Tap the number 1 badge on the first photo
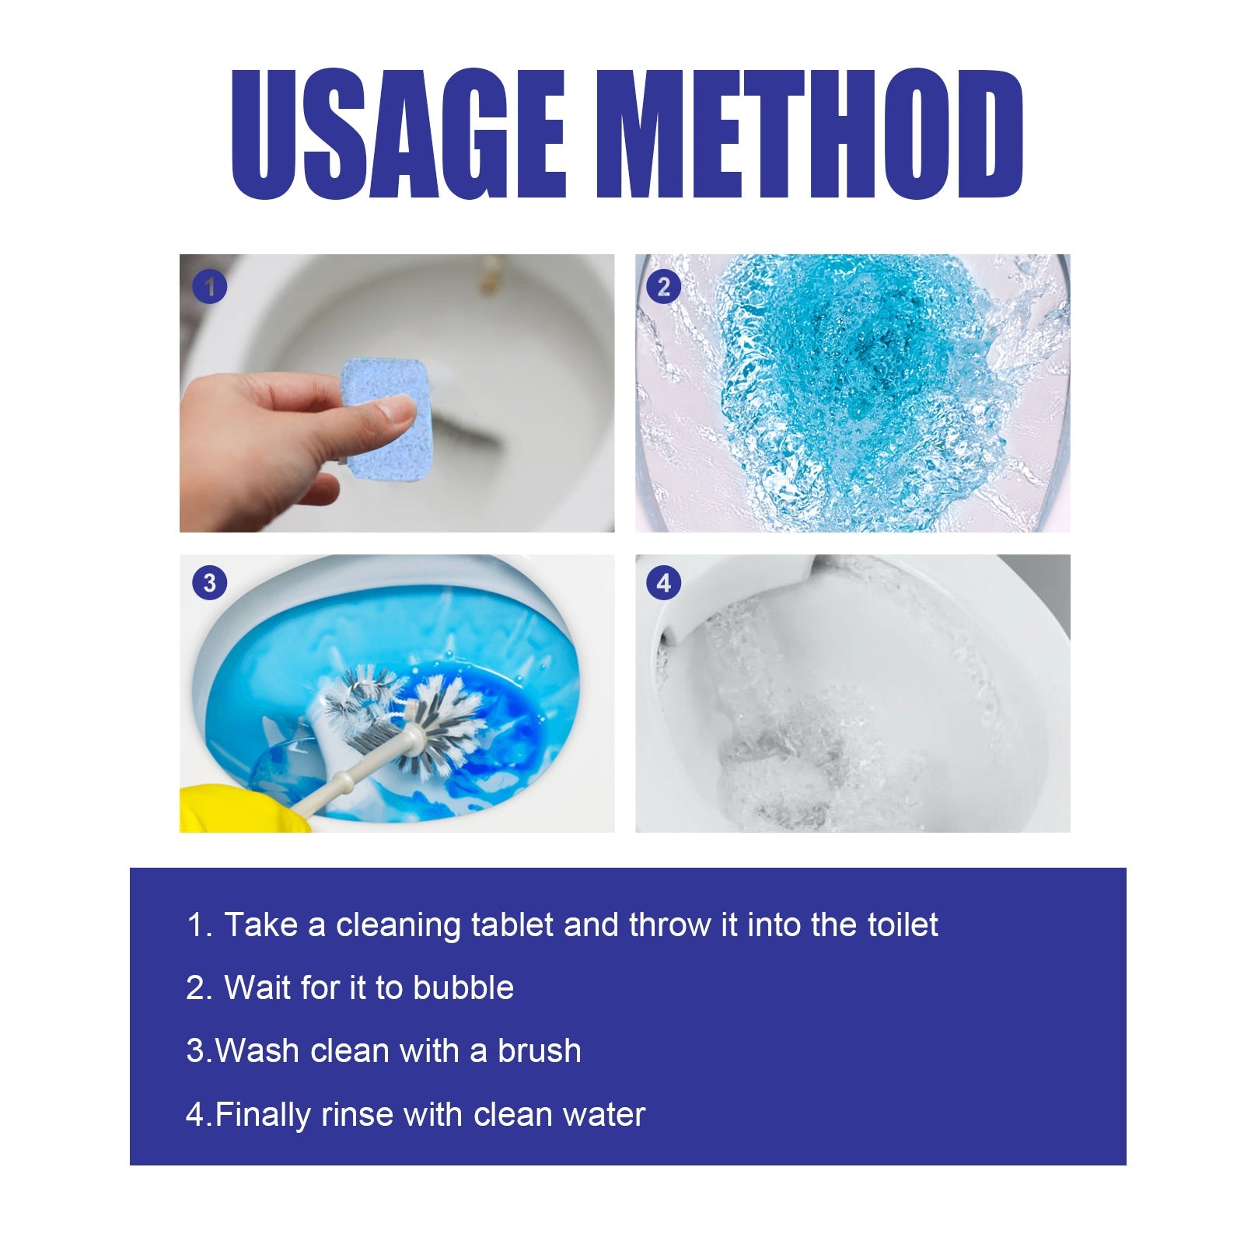tap(209, 288)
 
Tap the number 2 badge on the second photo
tap(663, 288)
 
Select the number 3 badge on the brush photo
tap(209, 583)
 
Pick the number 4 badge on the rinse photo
tap(663, 583)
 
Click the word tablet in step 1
tap(512, 925)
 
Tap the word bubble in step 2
tap(463, 988)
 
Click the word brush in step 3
tap(539, 1051)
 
